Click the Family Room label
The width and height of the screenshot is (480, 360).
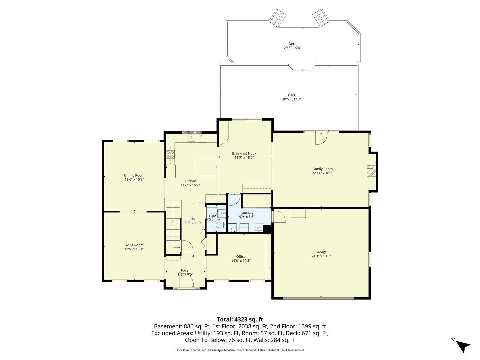pyautogui.click(x=322, y=169)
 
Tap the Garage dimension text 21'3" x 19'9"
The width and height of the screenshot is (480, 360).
pyautogui.click(x=321, y=256)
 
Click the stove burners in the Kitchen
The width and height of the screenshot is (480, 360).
pyautogui.click(x=170, y=154)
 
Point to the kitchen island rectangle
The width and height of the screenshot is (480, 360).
pyautogui.click(x=206, y=167)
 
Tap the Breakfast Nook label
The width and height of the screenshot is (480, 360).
pyautogui.click(x=244, y=153)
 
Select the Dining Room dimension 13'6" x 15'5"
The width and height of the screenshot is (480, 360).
pyautogui.click(x=134, y=179)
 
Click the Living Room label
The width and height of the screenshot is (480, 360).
pyautogui.click(x=134, y=245)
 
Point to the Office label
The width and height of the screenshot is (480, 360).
pyautogui.click(x=241, y=257)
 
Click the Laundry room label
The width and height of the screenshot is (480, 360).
pyautogui.click(x=247, y=213)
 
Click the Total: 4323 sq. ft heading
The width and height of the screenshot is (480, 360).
pyautogui.click(x=240, y=319)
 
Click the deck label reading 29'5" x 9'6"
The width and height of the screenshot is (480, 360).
pyautogui.click(x=292, y=48)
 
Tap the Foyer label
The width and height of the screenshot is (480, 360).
pyautogui.click(x=185, y=270)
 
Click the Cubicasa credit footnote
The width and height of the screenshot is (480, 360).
pyautogui.click(x=240, y=350)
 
